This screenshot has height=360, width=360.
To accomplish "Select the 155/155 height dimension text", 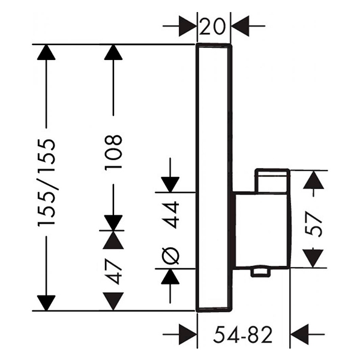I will (46, 183).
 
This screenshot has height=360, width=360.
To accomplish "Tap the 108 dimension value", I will (113, 151).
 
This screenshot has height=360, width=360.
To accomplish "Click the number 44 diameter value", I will (172, 215).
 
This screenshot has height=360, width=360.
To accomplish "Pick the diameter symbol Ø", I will (172, 256).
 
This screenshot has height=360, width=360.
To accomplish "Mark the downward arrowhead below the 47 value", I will (113, 302).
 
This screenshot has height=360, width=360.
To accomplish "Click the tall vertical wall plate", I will (215, 120).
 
